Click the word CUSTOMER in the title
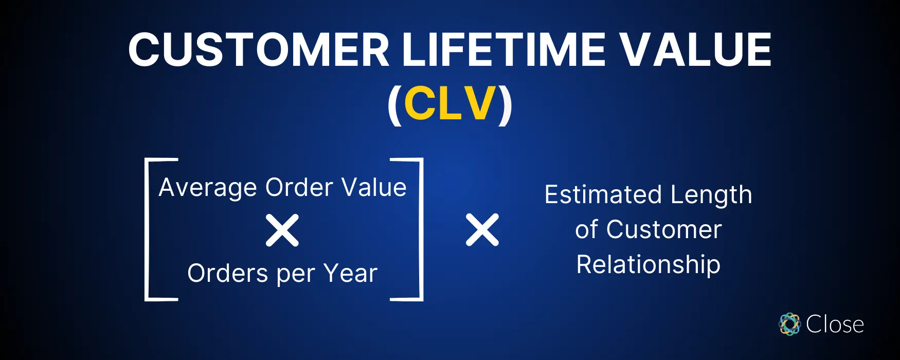pyautogui.click(x=258, y=50)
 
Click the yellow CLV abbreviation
pyautogui.click(x=451, y=104)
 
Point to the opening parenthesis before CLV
pyautogui.click(x=394, y=105)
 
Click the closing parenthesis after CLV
pyautogui.click(x=505, y=105)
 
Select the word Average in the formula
pyautogui.click(x=208, y=188)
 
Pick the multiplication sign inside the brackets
pyautogui.click(x=282, y=230)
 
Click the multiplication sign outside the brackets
pyautogui.click(x=482, y=230)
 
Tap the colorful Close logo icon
pyautogui.click(x=789, y=324)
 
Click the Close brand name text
pyautogui.click(x=835, y=324)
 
